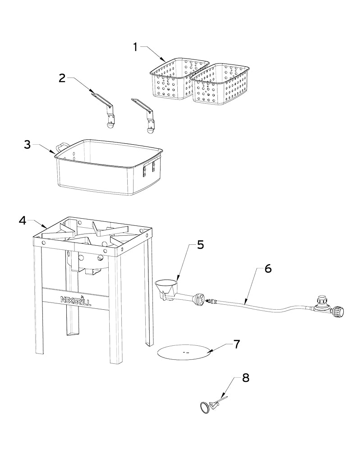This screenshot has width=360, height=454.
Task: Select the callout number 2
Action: pyautogui.click(x=62, y=78)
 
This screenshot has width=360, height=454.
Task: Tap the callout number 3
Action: pyautogui.click(x=28, y=144)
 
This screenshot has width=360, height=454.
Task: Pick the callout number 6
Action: pyautogui.click(x=268, y=268)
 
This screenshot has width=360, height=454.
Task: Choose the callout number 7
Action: pyautogui.click(x=236, y=344)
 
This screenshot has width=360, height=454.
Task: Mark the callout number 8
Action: pyautogui.click(x=245, y=377)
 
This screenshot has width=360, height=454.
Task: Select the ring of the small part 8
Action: pyautogui.click(x=205, y=407)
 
